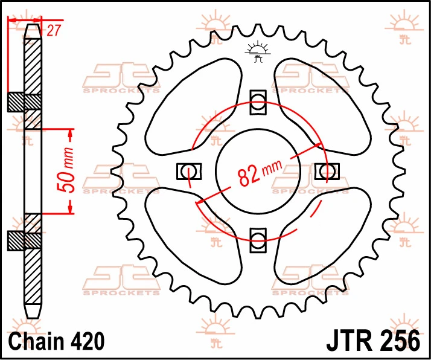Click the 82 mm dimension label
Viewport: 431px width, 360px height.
tap(260, 172)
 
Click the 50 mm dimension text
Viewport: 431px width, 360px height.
tap(66, 170)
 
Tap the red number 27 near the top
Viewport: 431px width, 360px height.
tap(53, 30)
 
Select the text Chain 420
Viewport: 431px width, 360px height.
tap(56, 341)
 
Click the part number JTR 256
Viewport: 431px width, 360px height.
tap(373, 341)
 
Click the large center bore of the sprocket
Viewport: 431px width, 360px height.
tap(258, 172)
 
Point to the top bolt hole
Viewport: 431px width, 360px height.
tap(258, 101)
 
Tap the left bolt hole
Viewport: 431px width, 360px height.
tap(188, 172)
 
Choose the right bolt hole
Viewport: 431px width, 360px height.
tap(327, 171)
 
